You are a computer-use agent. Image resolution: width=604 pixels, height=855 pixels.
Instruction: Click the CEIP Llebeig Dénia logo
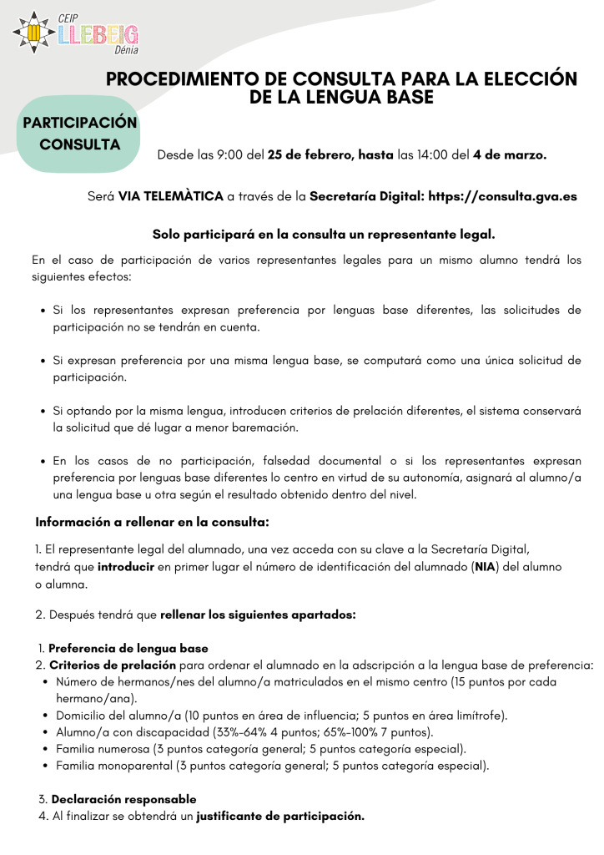pos(77,33)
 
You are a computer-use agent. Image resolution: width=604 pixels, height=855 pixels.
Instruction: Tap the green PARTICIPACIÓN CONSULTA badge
pos(79,134)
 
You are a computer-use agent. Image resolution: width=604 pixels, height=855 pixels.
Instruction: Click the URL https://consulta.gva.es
pos(502,197)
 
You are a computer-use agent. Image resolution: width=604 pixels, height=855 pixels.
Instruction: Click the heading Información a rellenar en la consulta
pos(152,522)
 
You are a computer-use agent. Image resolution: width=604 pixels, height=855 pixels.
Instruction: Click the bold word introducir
pos(125,566)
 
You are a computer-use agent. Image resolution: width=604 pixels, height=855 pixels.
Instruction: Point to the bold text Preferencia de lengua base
pos(128,648)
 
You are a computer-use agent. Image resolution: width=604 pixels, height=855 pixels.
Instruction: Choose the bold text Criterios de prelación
pos(113,665)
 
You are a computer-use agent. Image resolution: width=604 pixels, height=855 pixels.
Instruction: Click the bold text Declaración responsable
pos(124,799)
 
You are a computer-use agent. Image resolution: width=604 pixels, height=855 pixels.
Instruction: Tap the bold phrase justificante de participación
pos(280,816)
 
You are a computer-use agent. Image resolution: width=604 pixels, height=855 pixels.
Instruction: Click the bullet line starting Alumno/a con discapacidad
pos(244,732)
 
